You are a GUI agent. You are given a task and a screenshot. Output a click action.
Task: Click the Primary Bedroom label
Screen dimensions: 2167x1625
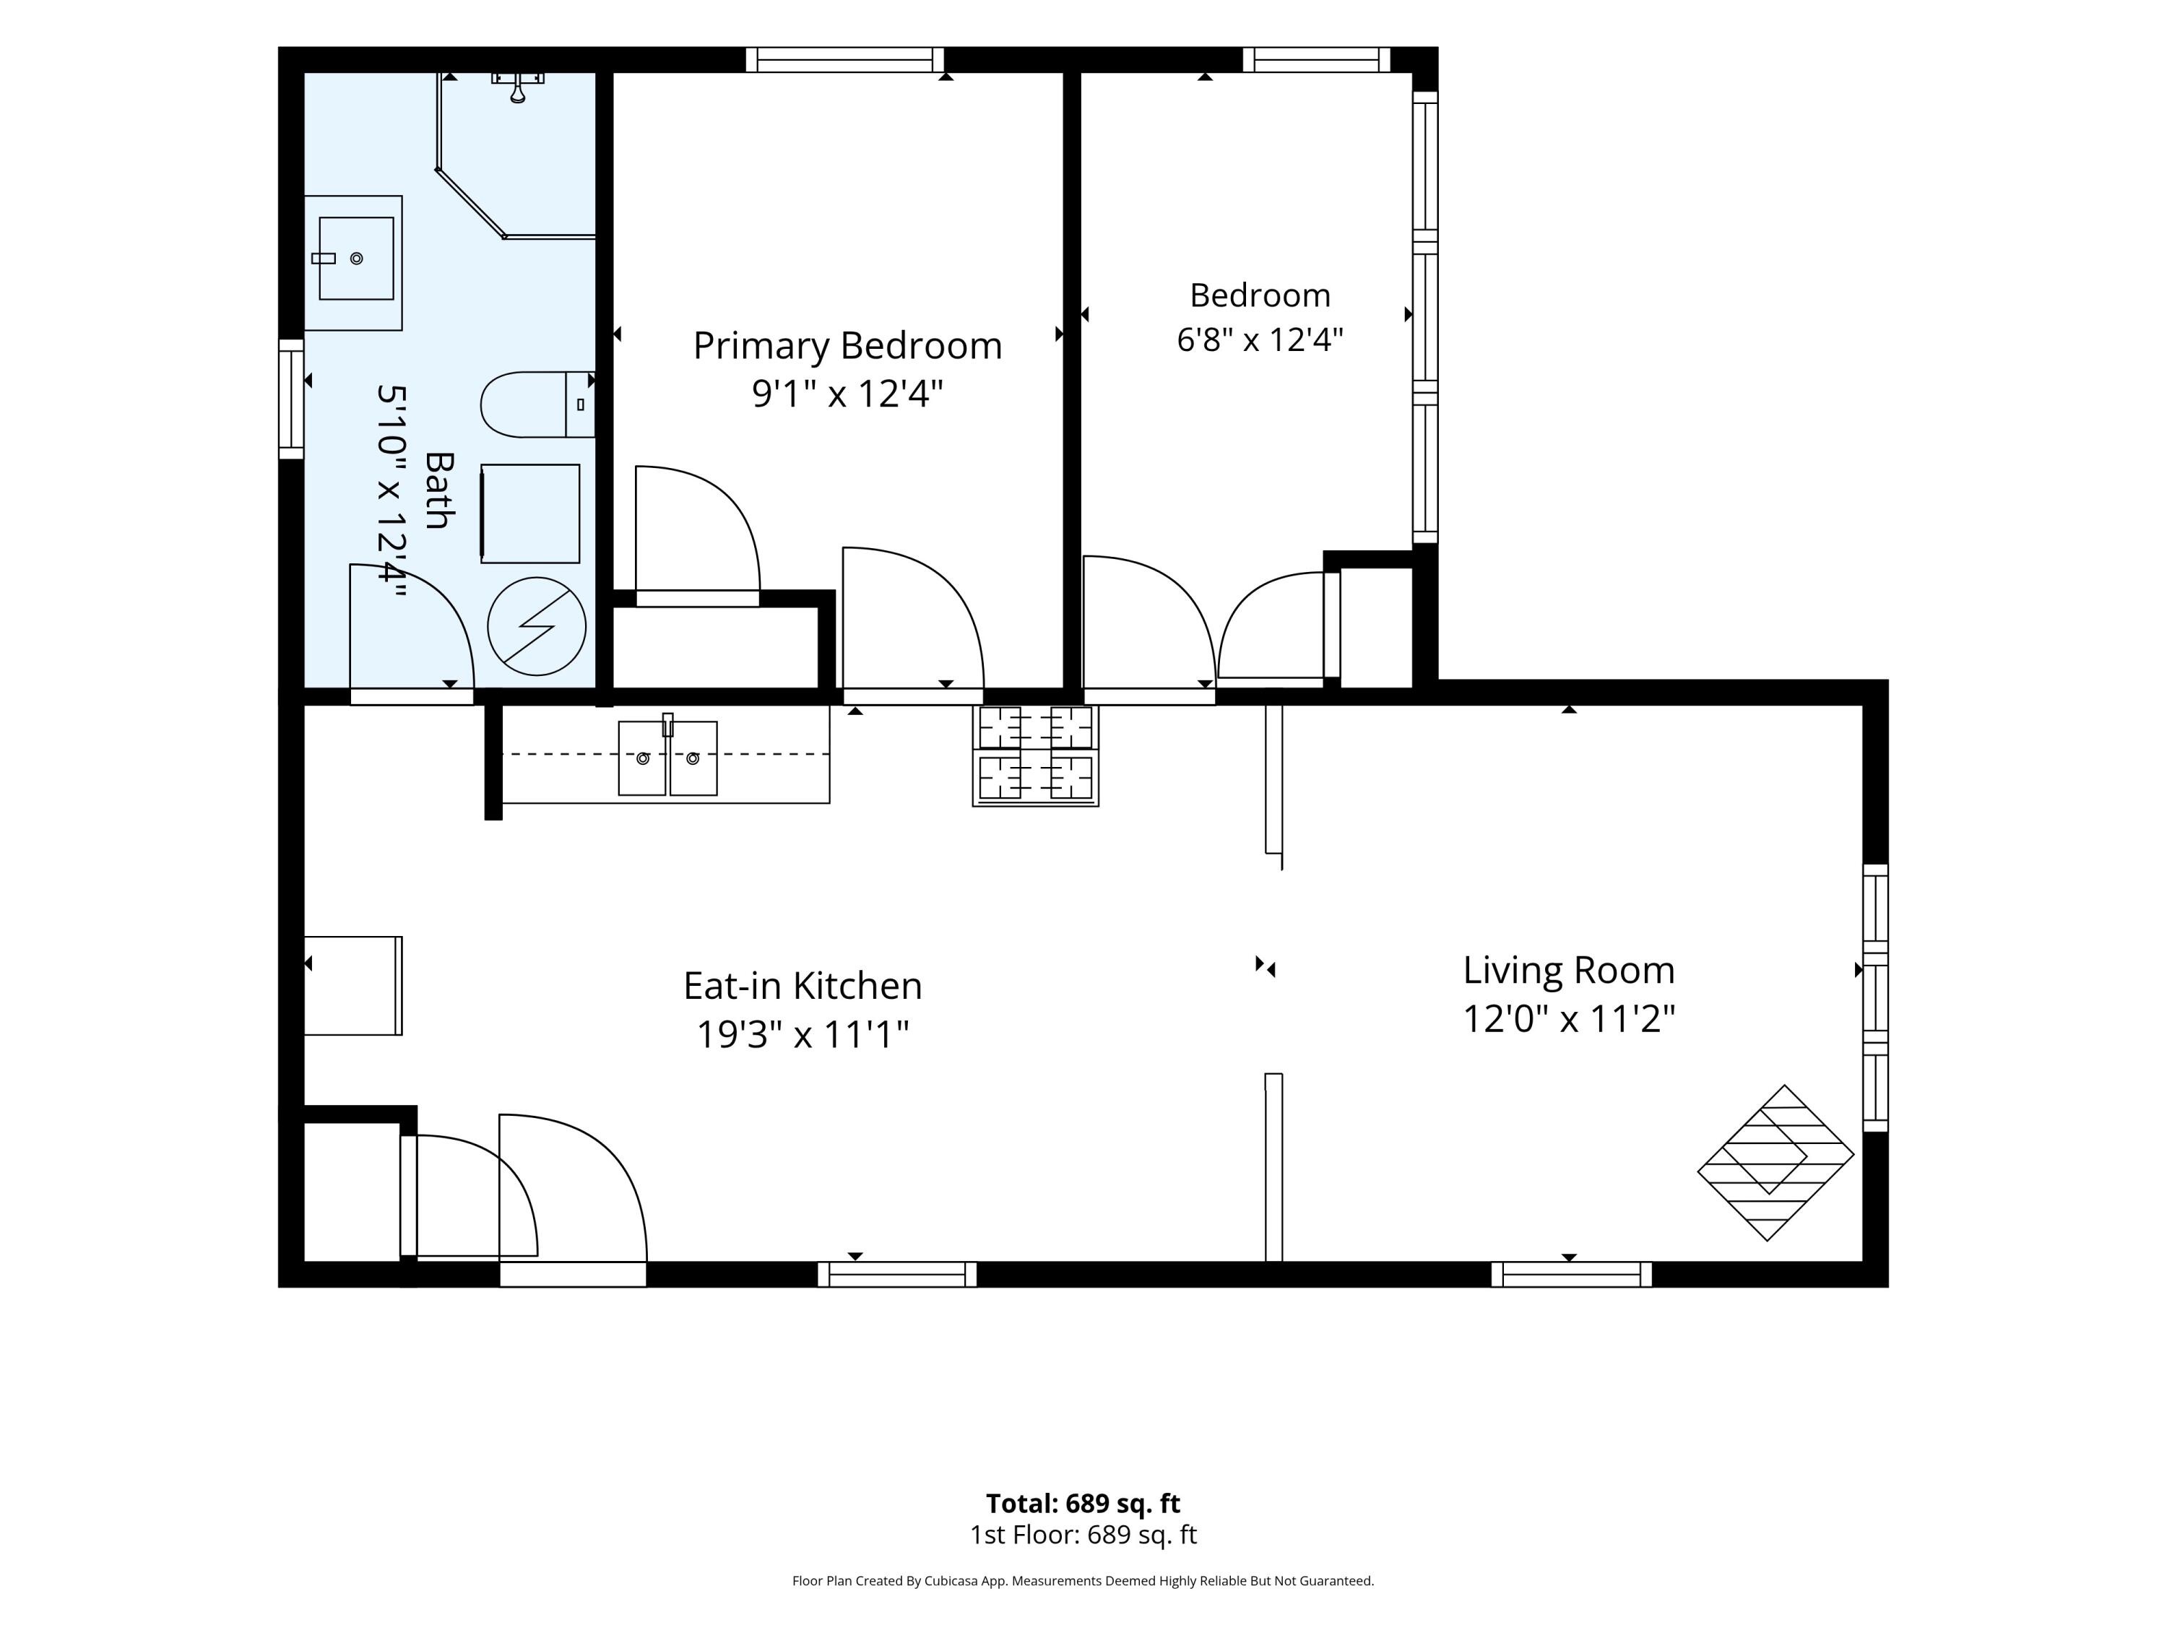(847, 346)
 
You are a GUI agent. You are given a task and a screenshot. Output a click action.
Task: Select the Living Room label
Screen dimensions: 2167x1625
(1568, 971)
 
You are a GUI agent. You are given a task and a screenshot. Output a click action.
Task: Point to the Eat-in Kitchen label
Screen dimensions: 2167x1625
(803, 985)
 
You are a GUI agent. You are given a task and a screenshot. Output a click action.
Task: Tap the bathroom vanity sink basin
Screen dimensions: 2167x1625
(355, 259)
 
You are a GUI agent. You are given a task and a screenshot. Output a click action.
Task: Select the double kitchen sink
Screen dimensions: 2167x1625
(667, 757)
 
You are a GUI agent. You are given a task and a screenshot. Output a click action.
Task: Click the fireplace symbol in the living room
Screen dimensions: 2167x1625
(1775, 1163)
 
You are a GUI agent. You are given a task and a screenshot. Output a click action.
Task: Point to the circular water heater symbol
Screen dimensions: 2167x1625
(537, 627)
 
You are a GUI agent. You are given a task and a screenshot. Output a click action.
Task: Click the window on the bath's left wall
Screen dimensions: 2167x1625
(291, 399)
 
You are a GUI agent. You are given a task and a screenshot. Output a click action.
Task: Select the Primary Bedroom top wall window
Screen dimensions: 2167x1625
(844, 60)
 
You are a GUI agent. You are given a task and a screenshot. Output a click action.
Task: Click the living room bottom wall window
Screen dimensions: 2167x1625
(1571, 1274)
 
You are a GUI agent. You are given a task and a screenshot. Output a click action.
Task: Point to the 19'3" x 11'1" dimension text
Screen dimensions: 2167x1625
(803, 1034)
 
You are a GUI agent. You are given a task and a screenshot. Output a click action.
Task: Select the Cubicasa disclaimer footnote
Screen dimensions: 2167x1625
(1083, 1580)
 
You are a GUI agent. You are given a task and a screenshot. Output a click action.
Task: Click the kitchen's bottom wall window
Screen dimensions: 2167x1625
(897, 1274)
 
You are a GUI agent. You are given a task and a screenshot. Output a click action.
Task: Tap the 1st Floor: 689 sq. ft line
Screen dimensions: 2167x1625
(1083, 1535)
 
